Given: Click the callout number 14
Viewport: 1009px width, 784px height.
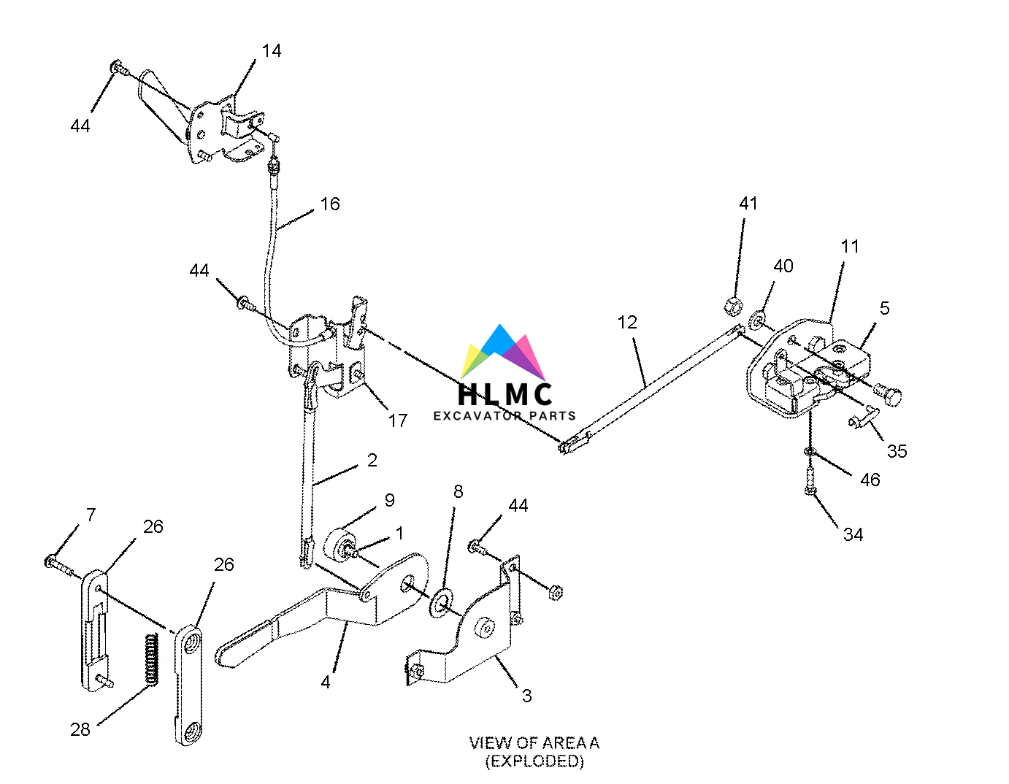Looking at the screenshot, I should tap(272, 50).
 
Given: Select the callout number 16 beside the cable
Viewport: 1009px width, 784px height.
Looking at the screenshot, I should tap(330, 204).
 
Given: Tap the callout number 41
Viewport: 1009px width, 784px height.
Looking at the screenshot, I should tap(748, 204).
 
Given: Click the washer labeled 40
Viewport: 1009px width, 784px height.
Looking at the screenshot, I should tap(759, 319).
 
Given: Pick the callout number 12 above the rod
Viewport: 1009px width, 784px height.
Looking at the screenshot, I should tap(627, 323).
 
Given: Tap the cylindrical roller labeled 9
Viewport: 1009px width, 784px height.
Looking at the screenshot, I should tap(340, 545).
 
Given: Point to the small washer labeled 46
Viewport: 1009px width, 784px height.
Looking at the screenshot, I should tap(809, 452).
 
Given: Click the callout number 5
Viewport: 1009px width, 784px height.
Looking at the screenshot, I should tap(885, 308).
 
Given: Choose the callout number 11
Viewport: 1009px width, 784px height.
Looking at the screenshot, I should tap(850, 247).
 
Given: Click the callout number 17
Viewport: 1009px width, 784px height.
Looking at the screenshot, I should tap(397, 420).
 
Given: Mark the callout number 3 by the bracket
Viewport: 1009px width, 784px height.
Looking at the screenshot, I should tap(527, 696).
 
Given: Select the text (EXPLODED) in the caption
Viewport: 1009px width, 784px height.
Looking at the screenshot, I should tap(534, 761).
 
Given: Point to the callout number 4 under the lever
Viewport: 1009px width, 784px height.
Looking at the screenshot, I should tap(326, 682).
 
